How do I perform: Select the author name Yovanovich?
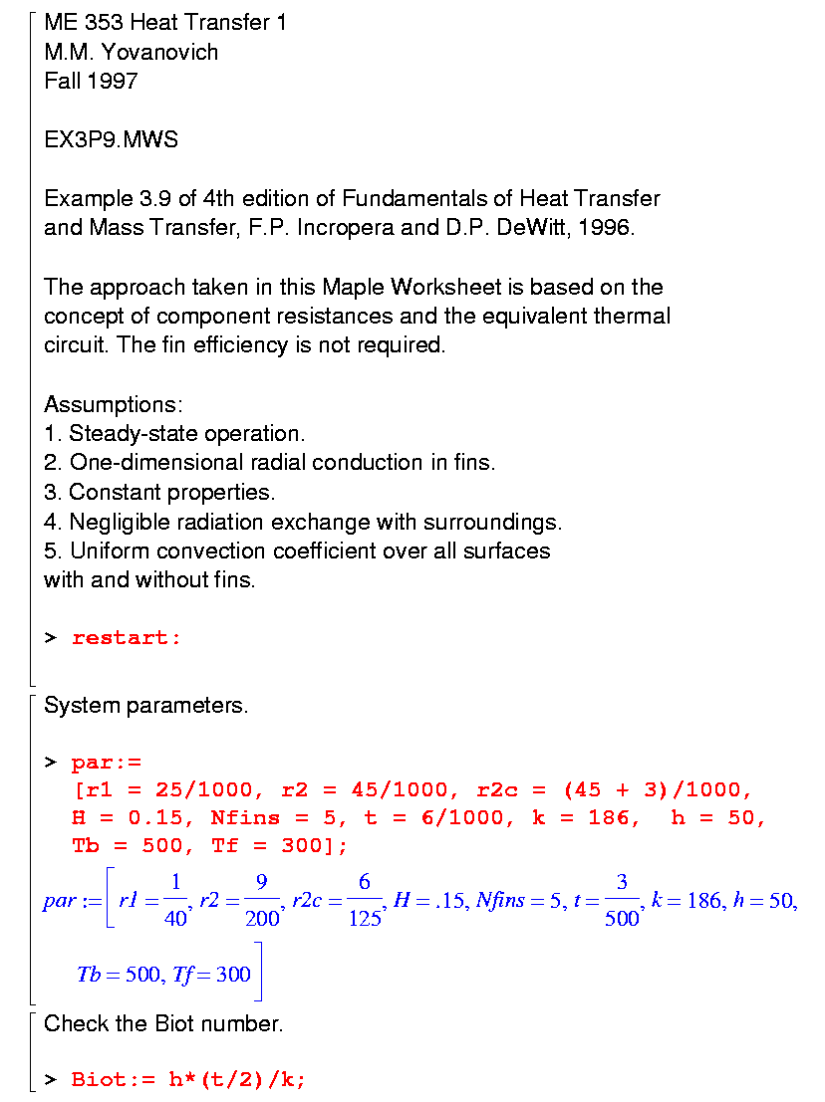click(x=159, y=52)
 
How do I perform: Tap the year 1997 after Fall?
click(x=112, y=82)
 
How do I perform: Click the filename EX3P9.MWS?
click(x=111, y=139)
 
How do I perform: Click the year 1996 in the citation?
click(x=607, y=227)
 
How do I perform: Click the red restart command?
click(x=126, y=638)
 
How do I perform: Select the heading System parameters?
click(x=145, y=706)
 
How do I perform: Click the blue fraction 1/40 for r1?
click(x=175, y=901)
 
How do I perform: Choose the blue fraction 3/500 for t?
click(x=622, y=901)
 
